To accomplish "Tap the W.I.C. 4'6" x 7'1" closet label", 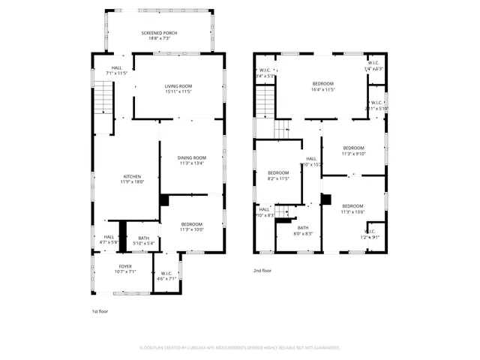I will [167, 276].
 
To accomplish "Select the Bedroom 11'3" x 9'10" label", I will [352, 151].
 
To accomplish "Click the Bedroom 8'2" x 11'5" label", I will [278, 175].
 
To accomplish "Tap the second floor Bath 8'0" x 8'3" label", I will [303, 231].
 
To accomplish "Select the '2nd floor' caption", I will [262, 271].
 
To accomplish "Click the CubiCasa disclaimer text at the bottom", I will [240, 348].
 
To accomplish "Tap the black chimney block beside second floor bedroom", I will [326, 199].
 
